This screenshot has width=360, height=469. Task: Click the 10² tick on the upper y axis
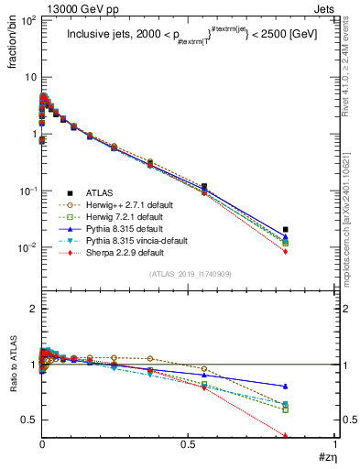click(28, 20)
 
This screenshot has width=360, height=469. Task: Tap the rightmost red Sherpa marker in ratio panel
click(286, 436)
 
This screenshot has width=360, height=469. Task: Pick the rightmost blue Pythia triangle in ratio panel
click(286, 387)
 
